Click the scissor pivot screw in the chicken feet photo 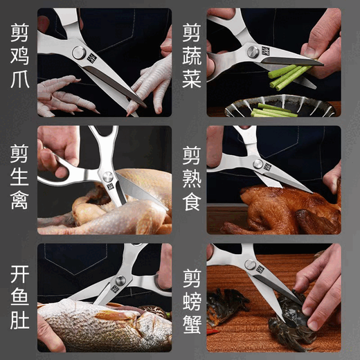[x=79, y=53]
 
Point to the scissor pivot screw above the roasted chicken [x=258, y=165]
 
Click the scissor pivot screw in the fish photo [x=120, y=280]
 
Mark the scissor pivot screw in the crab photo [x=249, y=264]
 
